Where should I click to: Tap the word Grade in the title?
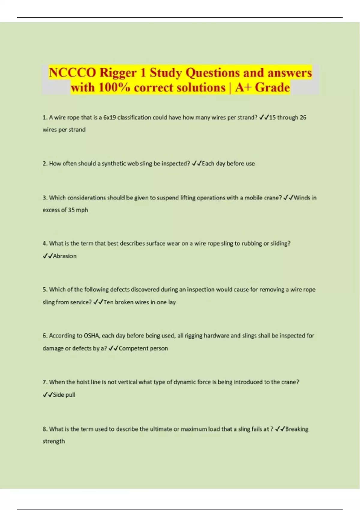tap(272, 88)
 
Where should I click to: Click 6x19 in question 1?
tap(109, 118)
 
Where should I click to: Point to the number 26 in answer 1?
tap(303, 118)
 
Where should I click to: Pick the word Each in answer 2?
tap(208, 163)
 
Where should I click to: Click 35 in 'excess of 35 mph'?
tap(71, 210)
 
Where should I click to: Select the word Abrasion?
tap(64, 256)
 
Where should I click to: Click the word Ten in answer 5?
tap(108, 302)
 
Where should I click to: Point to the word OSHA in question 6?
tap(91, 336)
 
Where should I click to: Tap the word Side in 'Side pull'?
tap(58, 395)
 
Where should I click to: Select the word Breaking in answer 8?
tap(297, 429)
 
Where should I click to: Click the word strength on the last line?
tap(54, 441)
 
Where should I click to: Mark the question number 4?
tap(45, 244)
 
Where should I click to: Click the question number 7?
tap(45, 382)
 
